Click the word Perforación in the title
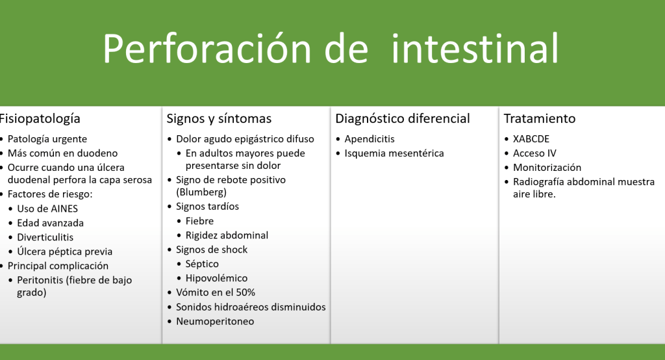pyautogui.click(x=208, y=48)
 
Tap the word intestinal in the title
pyautogui.click(x=475, y=48)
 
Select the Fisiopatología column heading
pyautogui.click(x=40, y=119)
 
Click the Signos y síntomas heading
pyautogui.click(x=219, y=119)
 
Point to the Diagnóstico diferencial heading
pyautogui.click(x=403, y=119)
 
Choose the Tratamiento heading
pyautogui.click(x=540, y=118)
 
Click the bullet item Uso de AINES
pyautogui.click(x=47, y=209)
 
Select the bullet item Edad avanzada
pyautogui.click(x=51, y=223)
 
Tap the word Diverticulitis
pyautogui.click(x=45, y=237)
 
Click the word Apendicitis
pyautogui.click(x=370, y=139)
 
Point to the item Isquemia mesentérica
pyautogui.click(x=394, y=153)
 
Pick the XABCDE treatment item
pyautogui.click(x=531, y=139)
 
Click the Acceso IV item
pyautogui.click(x=534, y=153)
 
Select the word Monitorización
pyautogui.click(x=547, y=168)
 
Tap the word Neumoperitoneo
pyautogui.click(x=215, y=322)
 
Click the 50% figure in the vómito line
pyautogui.click(x=245, y=292)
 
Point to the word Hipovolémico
pyautogui.click(x=216, y=279)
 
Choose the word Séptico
pyautogui.click(x=203, y=264)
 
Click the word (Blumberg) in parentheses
pyautogui.click(x=201, y=192)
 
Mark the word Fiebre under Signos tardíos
pyautogui.click(x=200, y=221)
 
